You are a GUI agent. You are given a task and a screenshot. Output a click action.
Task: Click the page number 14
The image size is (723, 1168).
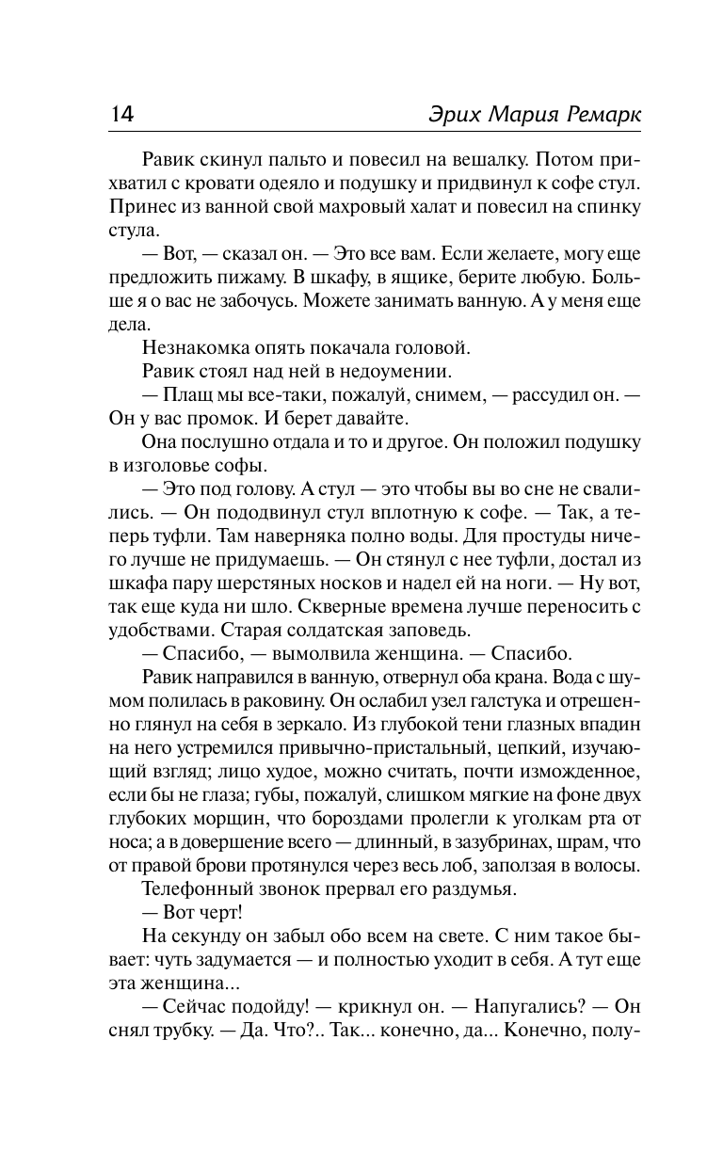[122, 114]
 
